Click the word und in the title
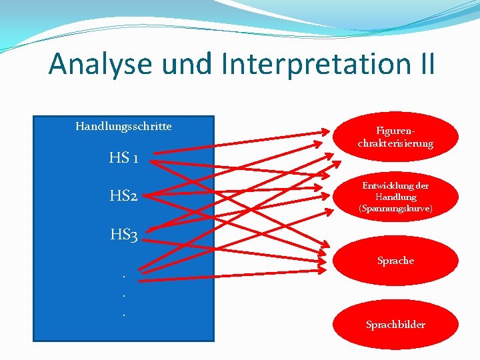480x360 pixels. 188,64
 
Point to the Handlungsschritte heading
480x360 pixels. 123,126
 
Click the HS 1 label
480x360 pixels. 124,159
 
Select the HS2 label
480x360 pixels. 124,197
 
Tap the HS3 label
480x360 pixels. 124,235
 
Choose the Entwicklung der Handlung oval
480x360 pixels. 395,197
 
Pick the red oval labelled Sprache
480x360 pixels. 395,261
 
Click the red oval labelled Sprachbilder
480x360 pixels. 395,325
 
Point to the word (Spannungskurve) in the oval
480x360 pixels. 395,209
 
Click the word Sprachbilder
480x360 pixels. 395,325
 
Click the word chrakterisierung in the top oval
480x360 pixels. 395,143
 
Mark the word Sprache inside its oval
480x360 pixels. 395,261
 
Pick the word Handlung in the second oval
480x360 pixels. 395,197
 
